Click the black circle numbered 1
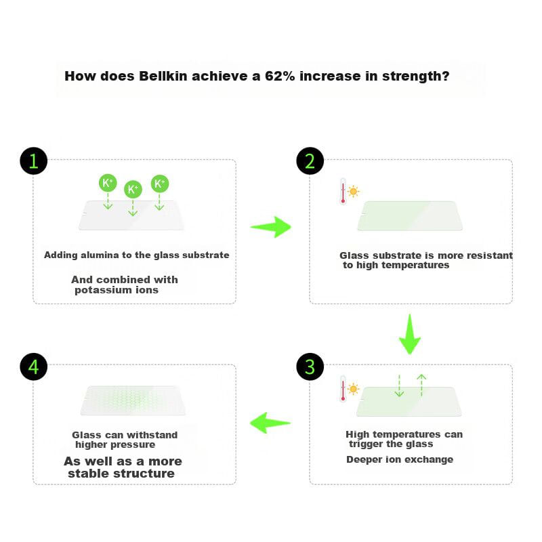33,161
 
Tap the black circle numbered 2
310,161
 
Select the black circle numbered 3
310,367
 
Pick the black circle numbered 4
33,367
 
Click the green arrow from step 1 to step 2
271,227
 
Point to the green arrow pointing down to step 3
410,334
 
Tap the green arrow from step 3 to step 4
270,423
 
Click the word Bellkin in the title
163,76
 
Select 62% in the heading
280,76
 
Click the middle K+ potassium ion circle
133,189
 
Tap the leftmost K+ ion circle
108,183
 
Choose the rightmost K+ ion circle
160,184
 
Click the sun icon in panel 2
353,192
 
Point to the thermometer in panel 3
343,388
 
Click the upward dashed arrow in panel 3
421,385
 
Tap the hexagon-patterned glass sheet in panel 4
133,400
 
